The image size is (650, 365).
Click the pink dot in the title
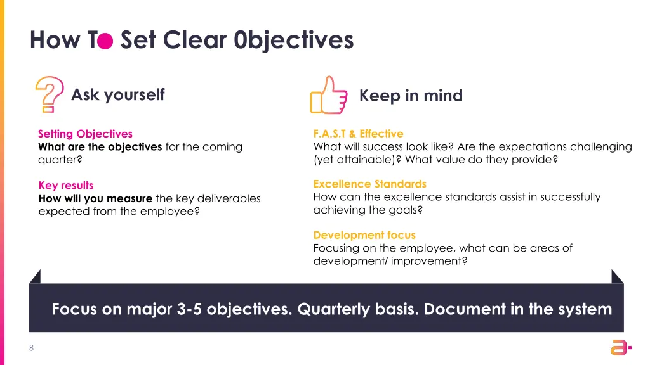105,41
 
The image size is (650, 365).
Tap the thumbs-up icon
328,96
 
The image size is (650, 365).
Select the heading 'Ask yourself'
117,95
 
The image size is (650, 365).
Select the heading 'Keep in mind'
411,96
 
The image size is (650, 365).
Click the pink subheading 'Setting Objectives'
85,134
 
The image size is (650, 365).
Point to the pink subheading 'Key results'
65,185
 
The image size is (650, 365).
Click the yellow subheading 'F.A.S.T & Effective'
358,134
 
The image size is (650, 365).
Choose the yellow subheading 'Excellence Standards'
369,184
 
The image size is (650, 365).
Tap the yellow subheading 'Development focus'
364,235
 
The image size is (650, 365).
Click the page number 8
31,347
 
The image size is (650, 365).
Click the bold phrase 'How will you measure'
95,198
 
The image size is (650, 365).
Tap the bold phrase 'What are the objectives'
100,147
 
